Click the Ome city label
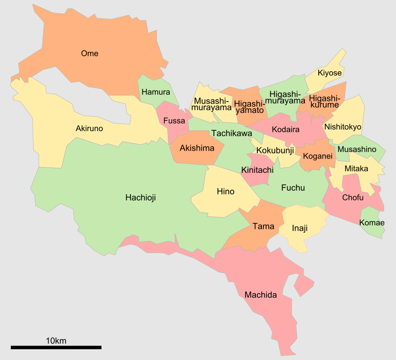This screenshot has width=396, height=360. click(x=90, y=53)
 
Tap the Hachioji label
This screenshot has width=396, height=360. click(x=140, y=198)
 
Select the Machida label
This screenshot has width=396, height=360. click(x=260, y=295)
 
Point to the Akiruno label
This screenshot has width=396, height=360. click(x=89, y=128)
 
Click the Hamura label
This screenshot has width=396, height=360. click(x=155, y=92)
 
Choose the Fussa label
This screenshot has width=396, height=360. click(x=174, y=121)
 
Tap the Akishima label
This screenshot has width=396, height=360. click(x=197, y=148)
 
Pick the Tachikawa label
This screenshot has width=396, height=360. click(x=231, y=133)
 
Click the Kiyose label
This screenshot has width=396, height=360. click(x=330, y=73)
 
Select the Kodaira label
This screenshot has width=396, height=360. click(x=286, y=129)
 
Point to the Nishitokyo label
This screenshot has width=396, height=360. click(x=343, y=127)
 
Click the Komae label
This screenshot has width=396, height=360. click(x=372, y=223)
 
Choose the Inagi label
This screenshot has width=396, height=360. click(x=299, y=228)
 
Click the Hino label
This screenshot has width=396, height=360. click(x=226, y=192)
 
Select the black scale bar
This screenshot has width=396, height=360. click(x=56, y=348)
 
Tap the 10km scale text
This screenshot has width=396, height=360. click(x=56, y=341)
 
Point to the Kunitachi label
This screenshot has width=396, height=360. click(x=257, y=170)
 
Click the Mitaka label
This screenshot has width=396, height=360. click(x=356, y=169)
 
